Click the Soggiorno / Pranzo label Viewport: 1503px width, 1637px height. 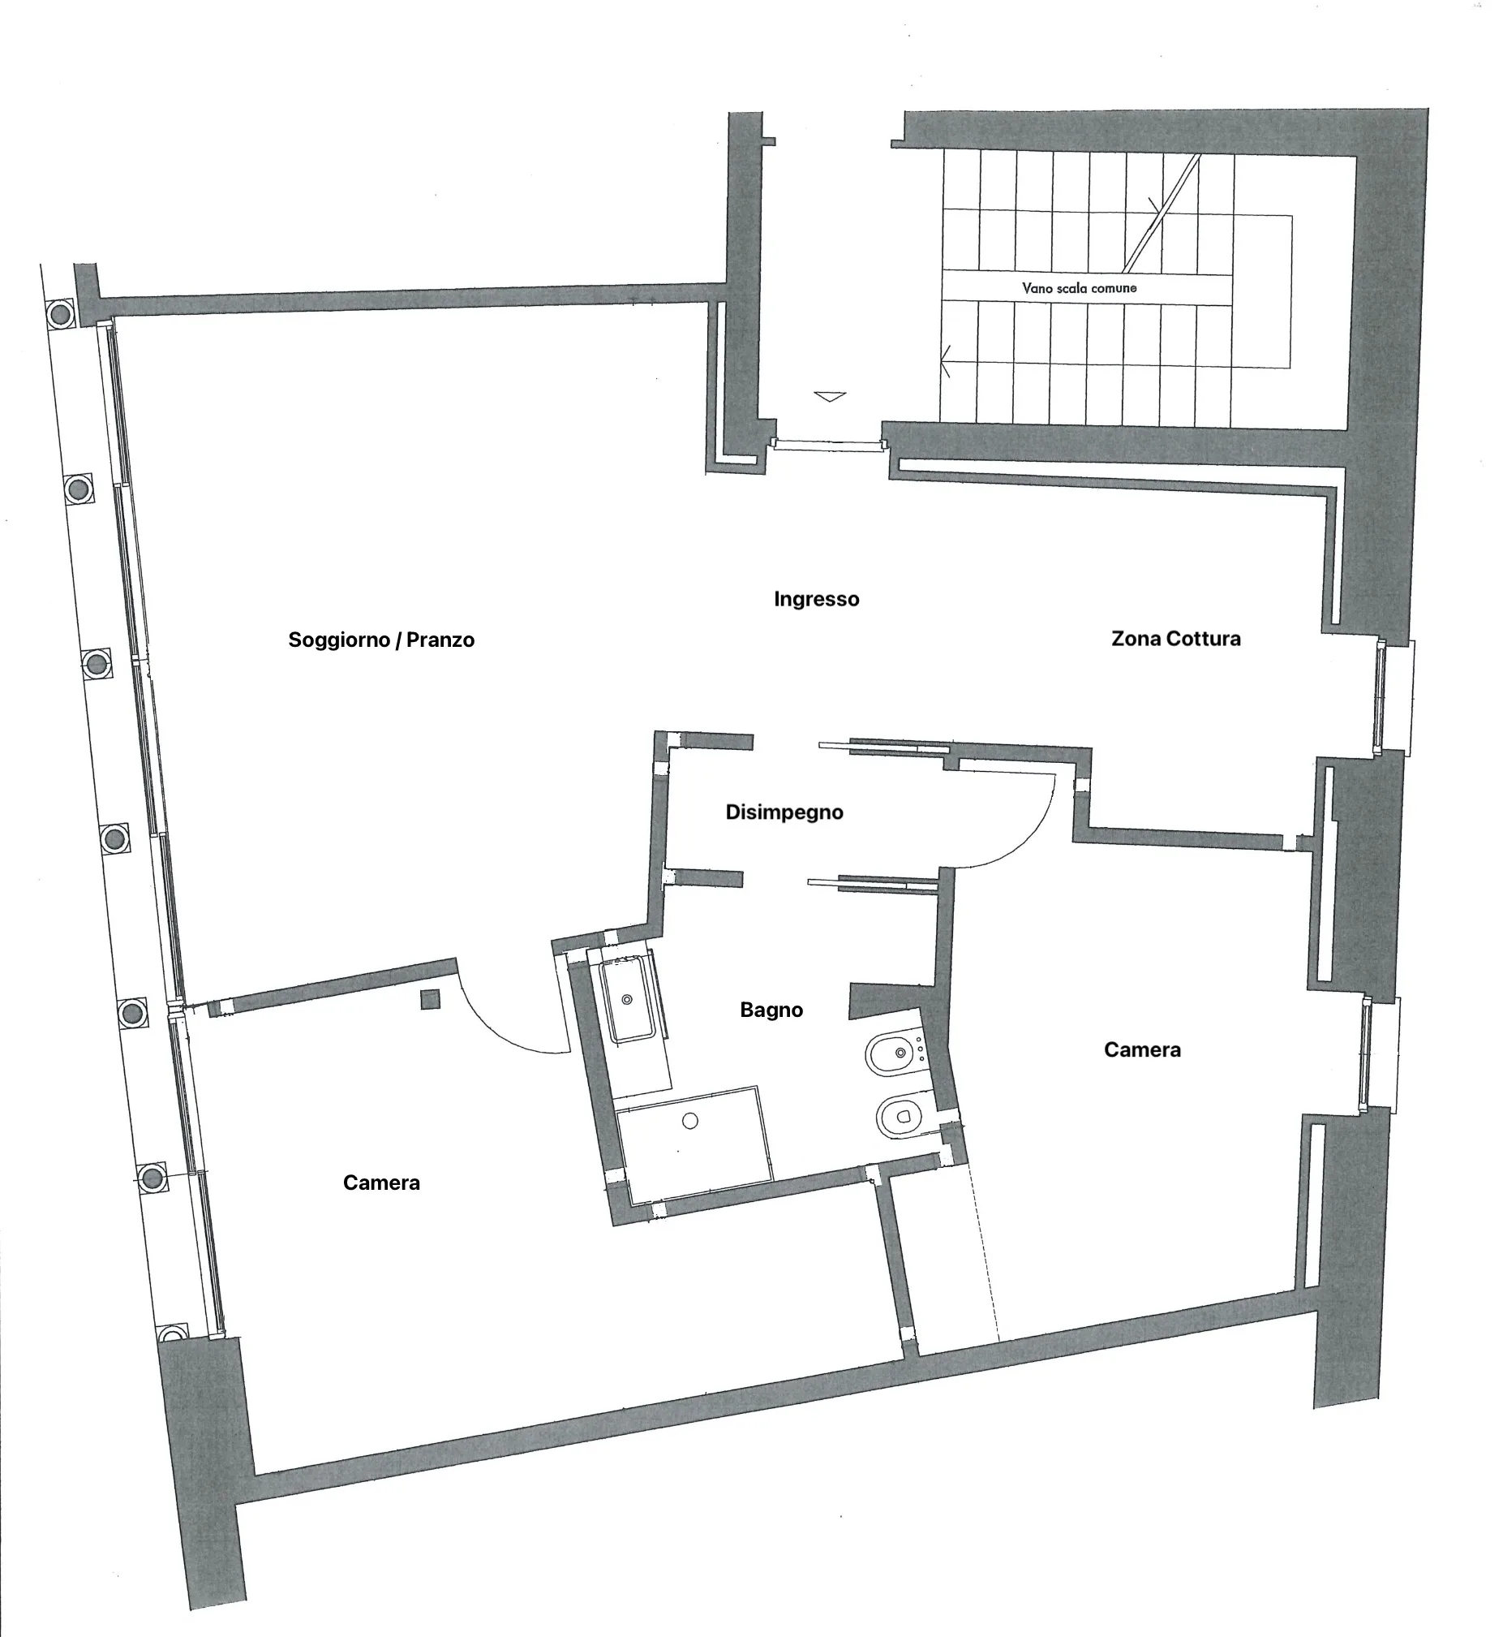point(380,640)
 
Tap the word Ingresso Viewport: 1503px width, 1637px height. point(817,600)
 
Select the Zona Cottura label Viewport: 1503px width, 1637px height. point(1176,639)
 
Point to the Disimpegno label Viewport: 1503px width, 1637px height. point(784,812)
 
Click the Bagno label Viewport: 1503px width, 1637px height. point(771,1010)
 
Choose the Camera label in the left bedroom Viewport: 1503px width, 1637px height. point(381,1183)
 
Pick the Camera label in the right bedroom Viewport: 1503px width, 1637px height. point(1142,1049)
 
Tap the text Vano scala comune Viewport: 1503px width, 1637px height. point(1080,288)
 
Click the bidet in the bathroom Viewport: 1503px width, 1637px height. point(897,1053)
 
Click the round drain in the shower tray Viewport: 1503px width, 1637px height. point(690,1121)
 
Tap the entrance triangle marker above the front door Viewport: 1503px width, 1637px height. point(830,396)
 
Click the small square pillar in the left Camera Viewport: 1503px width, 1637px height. point(430,999)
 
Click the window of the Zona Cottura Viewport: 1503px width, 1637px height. point(1395,697)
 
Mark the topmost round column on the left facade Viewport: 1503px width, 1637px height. point(58,312)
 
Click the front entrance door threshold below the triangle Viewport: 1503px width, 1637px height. point(828,445)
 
